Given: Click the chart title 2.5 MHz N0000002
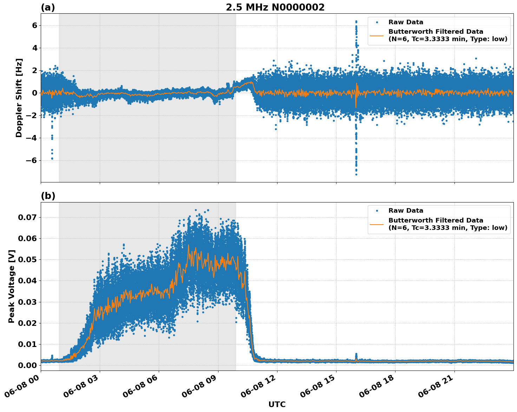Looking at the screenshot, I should (x=275, y=7).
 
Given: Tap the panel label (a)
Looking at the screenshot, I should (x=48, y=7).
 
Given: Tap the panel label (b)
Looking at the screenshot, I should (x=48, y=196).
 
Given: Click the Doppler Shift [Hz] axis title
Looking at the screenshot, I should (x=19, y=98).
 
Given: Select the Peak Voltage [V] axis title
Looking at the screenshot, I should (x=12, y=287).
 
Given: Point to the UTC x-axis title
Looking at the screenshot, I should (x=277, y=404).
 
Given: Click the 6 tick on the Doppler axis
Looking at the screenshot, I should (x=34, y=25).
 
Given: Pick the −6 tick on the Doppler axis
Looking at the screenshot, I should (x=32, y=160).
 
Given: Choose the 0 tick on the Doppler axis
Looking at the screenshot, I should (x=34, y=93).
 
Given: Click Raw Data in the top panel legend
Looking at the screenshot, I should (x=406, y=22).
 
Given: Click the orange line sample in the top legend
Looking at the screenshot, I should (x=377, y=35).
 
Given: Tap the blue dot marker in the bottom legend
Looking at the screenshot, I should (x=377, y=211).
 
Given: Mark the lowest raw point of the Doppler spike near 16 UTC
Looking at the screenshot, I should (x=356, y=174).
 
